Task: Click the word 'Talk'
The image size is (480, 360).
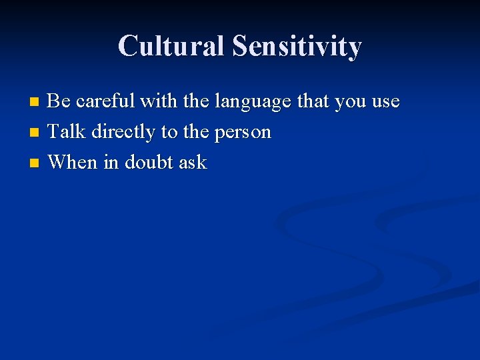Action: [67, 131]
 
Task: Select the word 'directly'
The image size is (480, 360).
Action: [123, 133]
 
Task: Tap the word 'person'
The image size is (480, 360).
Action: [243, 133]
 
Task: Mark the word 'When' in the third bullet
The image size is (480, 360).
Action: [73, 162]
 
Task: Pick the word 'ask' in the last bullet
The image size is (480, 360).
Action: [193, 162]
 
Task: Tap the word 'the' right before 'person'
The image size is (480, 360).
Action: [196, 131]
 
